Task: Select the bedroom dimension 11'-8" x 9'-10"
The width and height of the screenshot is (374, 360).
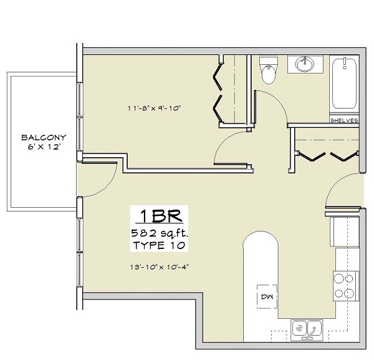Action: tap(154, 107)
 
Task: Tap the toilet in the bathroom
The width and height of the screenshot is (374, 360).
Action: tap(269, 72)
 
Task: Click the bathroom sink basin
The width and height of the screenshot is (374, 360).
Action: tap(305, 64)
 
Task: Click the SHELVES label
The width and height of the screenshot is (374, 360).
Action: tap(344, 120)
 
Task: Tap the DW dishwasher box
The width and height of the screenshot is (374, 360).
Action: tap(267, 296)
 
